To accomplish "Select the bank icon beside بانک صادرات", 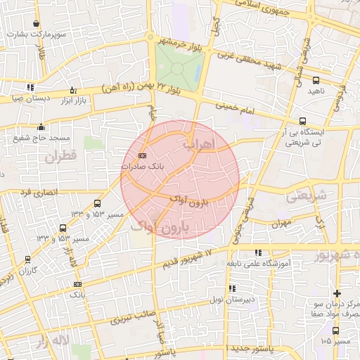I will coord(143,155).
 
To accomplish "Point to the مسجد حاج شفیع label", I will coord(36,138).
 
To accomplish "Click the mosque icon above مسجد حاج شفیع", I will coord(41,127).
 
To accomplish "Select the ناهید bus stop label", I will coord(316,91).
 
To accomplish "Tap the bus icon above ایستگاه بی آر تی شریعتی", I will coord(302,121).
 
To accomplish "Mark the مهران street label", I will coord(281,224).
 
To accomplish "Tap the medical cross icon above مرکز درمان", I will coord(337,293).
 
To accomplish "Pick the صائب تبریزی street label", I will coord(133,319).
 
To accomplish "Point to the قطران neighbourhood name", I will coord(59,157).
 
